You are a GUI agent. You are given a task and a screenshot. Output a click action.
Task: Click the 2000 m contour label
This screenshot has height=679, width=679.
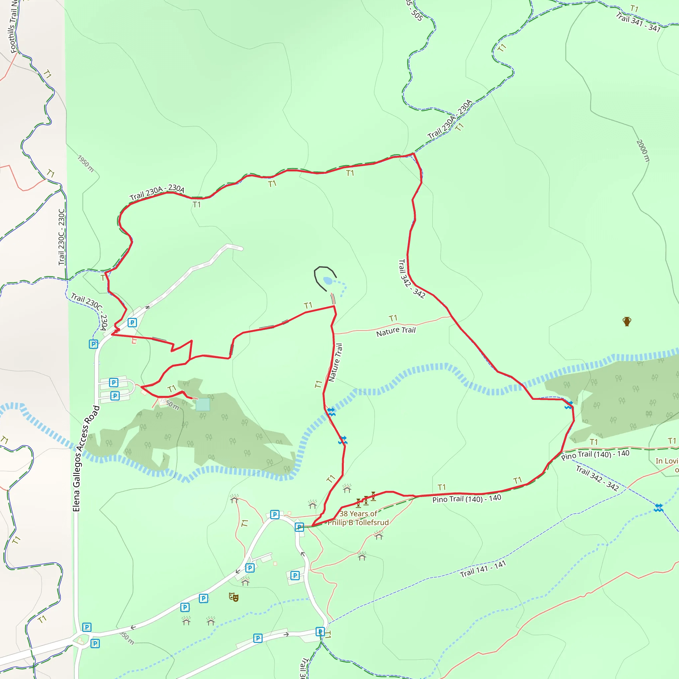pyautogui.click(x=643, y=151)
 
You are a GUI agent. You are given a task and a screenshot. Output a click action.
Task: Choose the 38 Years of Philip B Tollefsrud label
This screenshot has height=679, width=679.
pyautogui.click(x=358, y=518)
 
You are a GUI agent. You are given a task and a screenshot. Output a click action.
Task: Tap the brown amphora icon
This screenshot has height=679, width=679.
pyautogui.click(x=627, y=321)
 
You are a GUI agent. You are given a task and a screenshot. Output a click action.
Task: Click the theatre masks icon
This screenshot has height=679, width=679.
pyautogui.click(x=234, y=597)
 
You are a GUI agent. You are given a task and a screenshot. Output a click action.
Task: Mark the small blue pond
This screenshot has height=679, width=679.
pyautogui.click(x=328, y=280)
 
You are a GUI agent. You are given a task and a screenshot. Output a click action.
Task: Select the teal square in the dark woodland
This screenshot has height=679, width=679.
pyautogui.click(x=203, y=404)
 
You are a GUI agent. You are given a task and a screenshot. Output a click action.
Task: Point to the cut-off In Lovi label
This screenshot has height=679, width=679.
pyautogui.click(x=667, y=461)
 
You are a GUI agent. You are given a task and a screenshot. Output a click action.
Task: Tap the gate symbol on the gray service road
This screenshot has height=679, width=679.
pyautogui.click(x=148, y=307)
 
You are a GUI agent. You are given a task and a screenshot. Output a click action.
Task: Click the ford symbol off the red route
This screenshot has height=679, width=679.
pyautogui.click(x=658, y=508)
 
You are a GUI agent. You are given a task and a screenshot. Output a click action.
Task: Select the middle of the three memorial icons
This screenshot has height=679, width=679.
pyautogui.click(x=366, y=500)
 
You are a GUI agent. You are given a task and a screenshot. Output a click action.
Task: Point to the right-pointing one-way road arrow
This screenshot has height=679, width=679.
pyautogui.click(x=286, y=634)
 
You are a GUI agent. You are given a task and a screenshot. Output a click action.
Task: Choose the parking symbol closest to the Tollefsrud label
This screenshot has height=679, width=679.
pyautogui.click(x=299, y=527)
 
